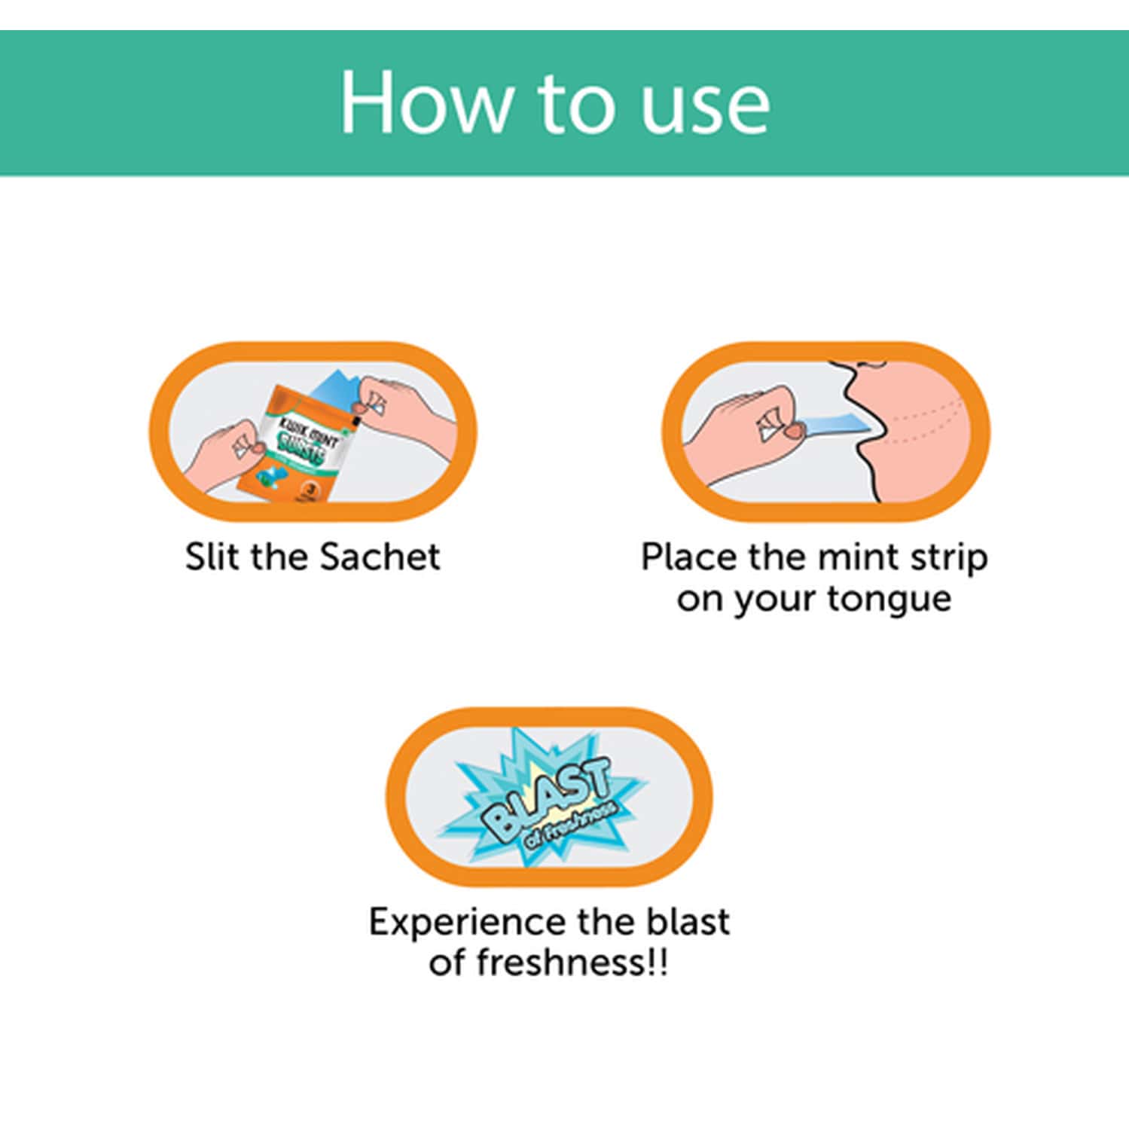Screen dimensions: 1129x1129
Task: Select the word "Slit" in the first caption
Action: (213, 557)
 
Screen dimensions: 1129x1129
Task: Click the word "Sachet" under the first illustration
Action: (380, 557)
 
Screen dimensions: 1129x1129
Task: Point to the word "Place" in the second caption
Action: (688, 557)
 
